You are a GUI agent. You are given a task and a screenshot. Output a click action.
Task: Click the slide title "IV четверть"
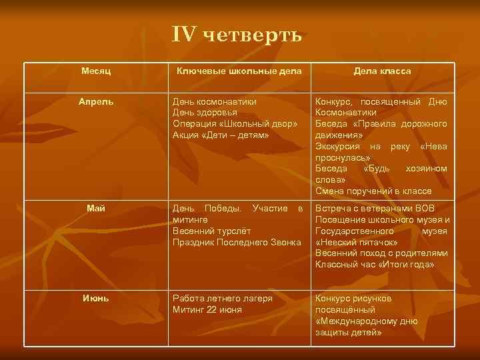(237, 35)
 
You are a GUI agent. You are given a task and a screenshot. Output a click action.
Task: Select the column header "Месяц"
(97, 71)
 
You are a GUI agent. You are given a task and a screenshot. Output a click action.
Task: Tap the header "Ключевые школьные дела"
(238, 71)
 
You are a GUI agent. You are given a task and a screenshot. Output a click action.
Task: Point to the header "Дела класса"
(382, 71)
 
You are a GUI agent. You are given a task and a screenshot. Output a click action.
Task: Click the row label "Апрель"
(97, 102)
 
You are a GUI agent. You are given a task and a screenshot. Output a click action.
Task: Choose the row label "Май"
(97, 209)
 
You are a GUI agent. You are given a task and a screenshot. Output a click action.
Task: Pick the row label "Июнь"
(97, 298)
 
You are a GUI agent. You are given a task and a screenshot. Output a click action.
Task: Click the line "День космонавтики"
(215, 102)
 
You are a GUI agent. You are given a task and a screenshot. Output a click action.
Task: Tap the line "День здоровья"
(205, 113)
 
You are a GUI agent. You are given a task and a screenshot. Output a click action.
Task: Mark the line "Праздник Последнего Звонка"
(237, 243)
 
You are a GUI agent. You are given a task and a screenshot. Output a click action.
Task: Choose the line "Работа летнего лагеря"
(223, 298)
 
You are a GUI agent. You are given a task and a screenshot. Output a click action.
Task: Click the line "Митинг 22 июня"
(207, 309)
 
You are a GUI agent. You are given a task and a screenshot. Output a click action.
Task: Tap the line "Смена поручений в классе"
(373, 191)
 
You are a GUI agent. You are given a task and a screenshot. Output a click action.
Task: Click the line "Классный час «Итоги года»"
(375, 265)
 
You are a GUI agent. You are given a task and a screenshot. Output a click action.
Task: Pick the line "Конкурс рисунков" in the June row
(353, 298)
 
